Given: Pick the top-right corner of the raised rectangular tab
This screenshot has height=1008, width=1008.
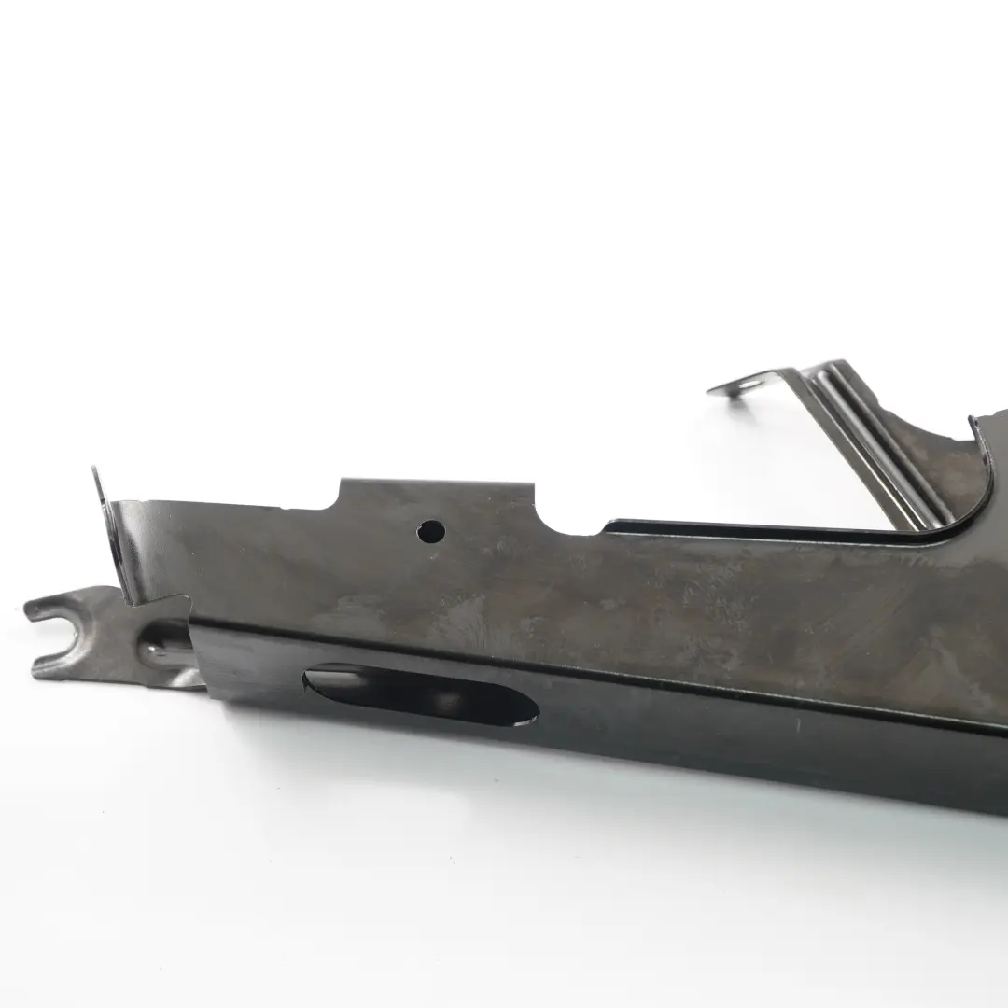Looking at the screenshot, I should (532, 485).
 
